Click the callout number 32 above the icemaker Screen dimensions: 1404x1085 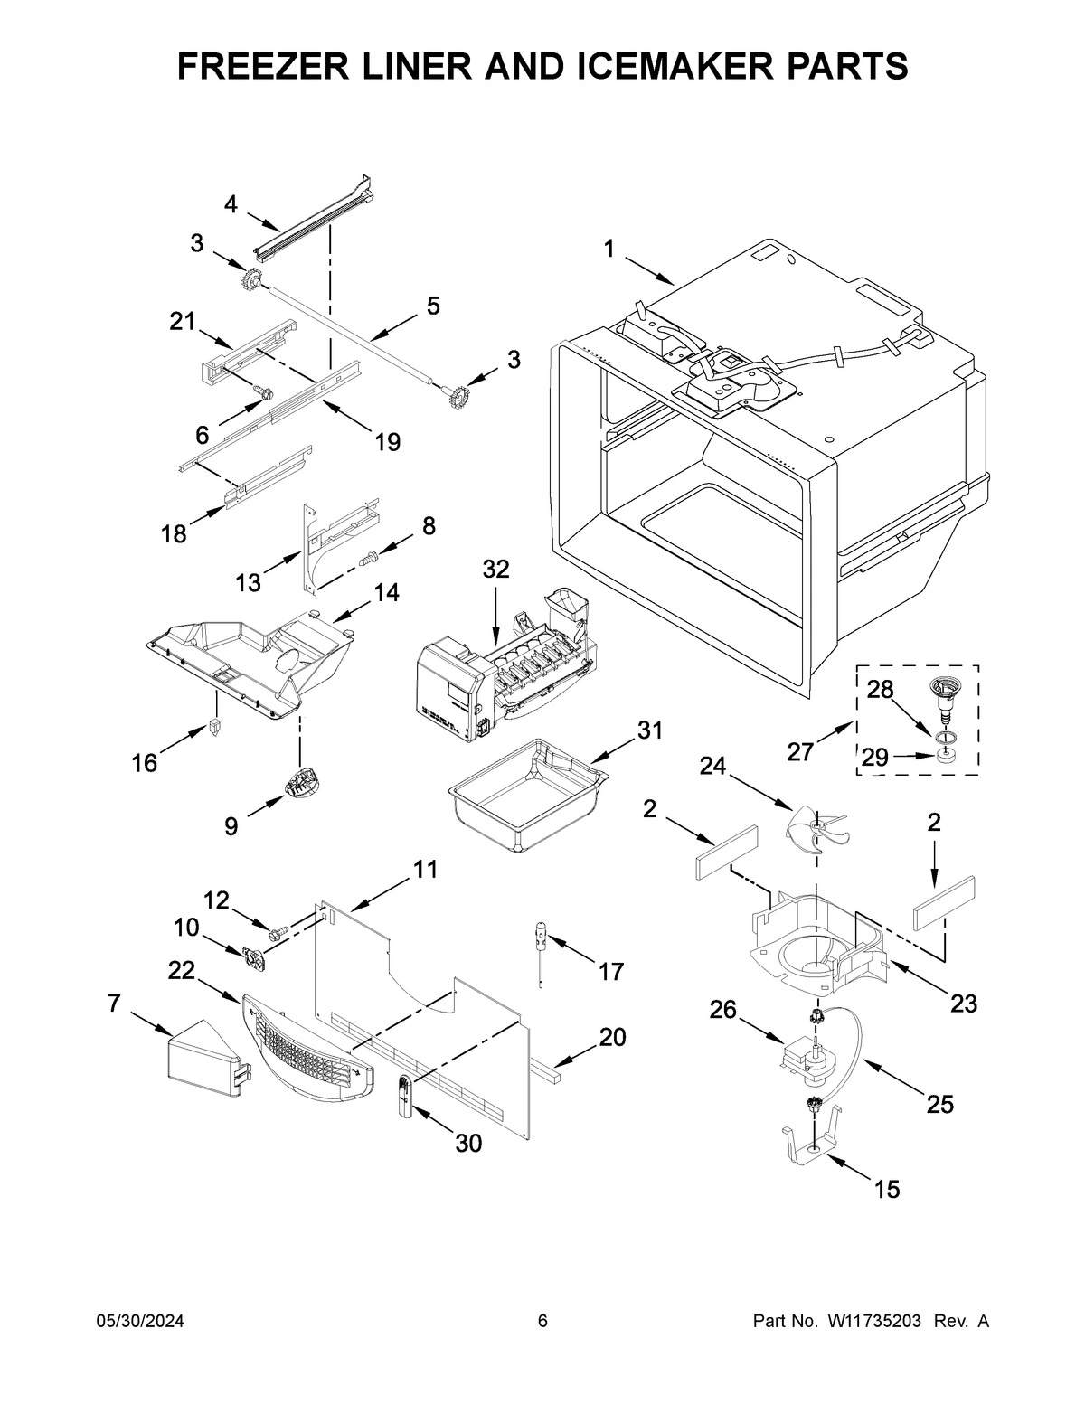(x=495, y=569)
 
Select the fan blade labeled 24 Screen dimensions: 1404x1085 (x=817, y=826)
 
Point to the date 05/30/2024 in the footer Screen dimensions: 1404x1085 (x=140, y=1322)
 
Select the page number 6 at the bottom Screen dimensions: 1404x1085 (x=542, y=1322)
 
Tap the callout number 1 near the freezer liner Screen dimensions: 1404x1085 (x=609, y=249)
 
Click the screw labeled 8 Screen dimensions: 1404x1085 (x=369, y=560)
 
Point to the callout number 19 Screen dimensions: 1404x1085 (x=388, y=441)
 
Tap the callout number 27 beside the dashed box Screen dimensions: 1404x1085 (x=800, y=751)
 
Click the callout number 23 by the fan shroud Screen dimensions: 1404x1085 (x=964, y=1003)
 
